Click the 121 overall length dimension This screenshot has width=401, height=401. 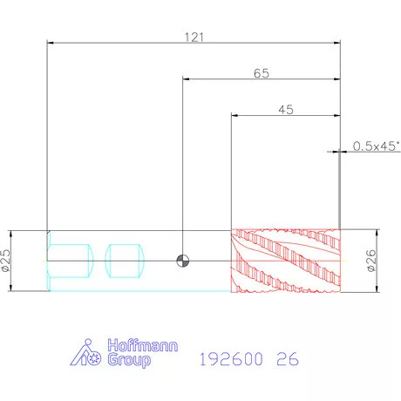(194, 37)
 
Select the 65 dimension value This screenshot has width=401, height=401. (262, 73)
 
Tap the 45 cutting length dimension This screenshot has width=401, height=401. (286, 110)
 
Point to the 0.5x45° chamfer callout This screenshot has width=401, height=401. (376, 146)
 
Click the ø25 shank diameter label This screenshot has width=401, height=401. (6, 261)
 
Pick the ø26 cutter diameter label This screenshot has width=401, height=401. (371, 261)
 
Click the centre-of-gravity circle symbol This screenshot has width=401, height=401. (183, 261)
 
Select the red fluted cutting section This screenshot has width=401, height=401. (286, 261)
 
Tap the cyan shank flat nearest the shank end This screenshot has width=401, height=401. (71, 261)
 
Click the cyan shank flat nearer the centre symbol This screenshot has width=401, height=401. (125, 261)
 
